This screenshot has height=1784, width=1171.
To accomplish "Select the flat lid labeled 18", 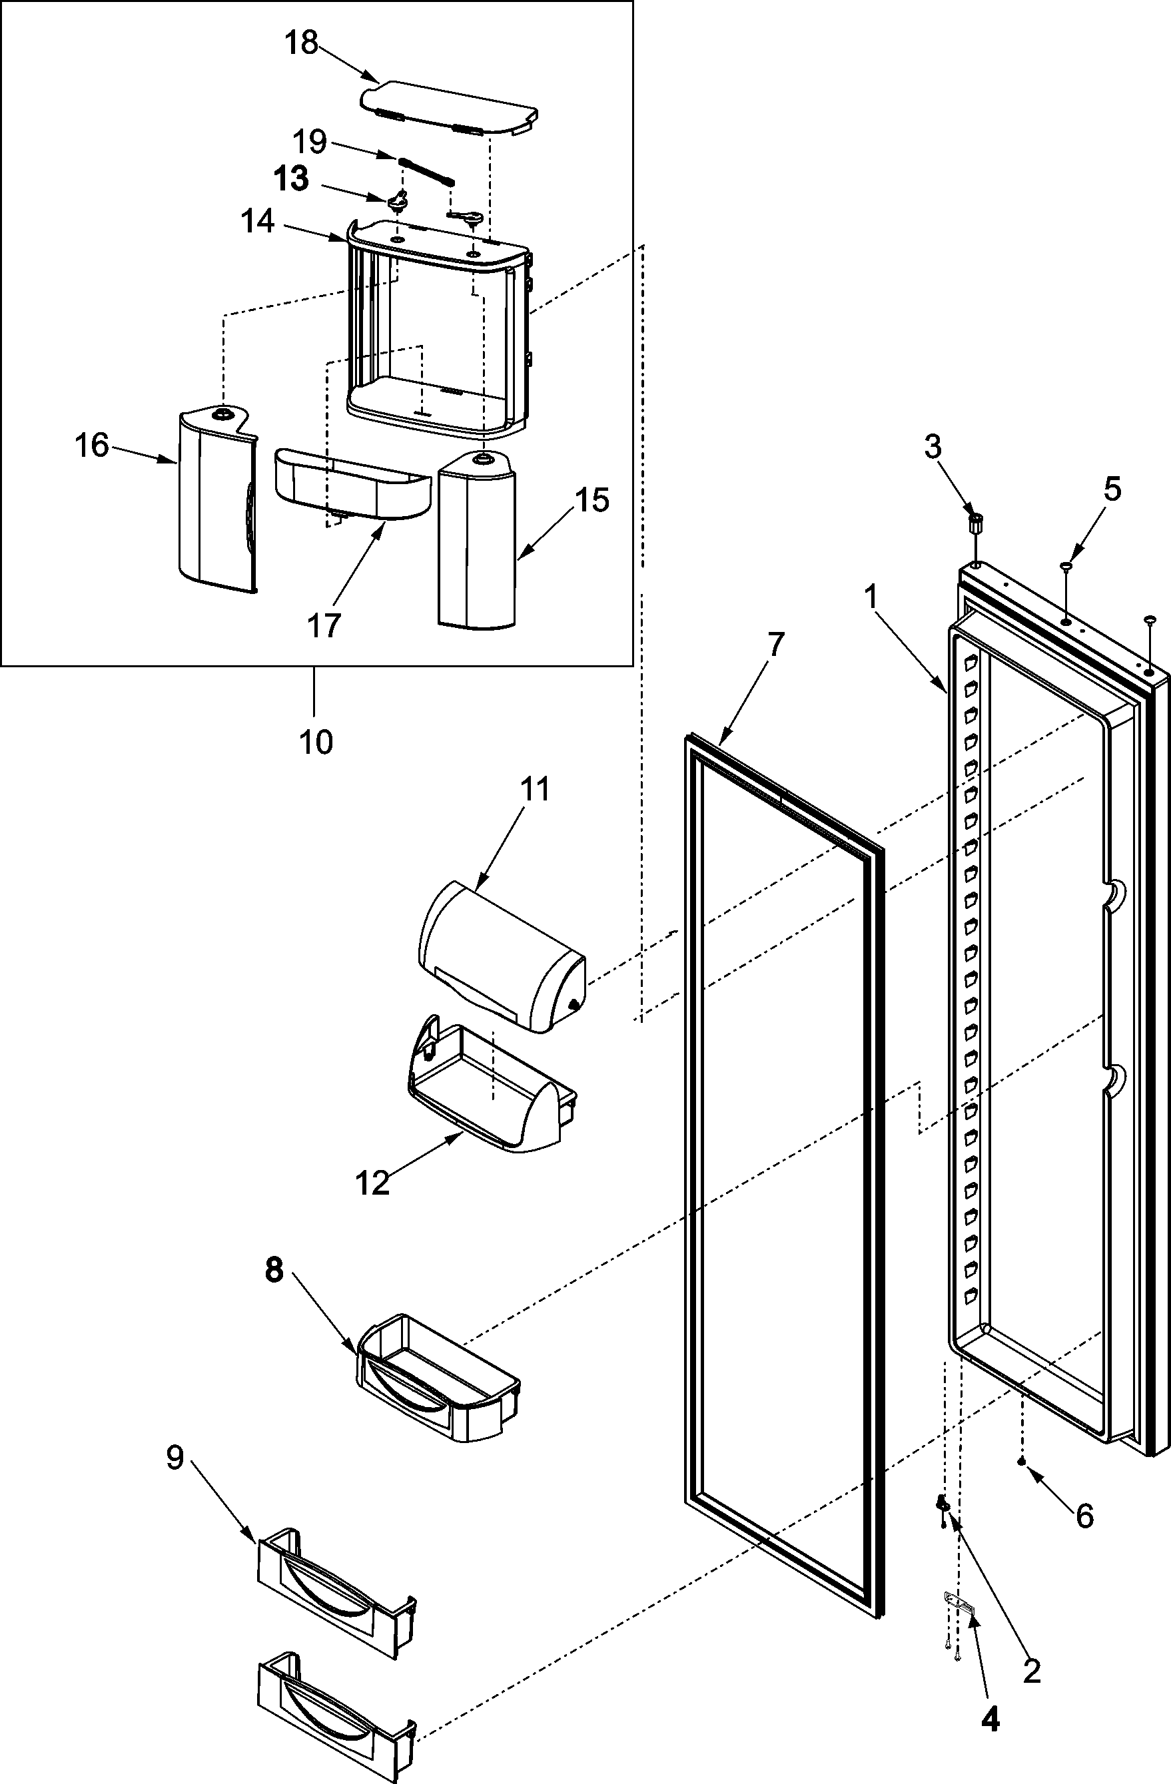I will (448, 107).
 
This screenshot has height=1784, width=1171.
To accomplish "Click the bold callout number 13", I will (291, 179).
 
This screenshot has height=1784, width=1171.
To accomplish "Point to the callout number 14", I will (257, 222).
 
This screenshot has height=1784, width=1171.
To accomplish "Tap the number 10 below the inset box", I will (316, 742).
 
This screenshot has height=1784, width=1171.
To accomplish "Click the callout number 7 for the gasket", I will (775, 644).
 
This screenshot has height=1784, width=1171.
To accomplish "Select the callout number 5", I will (1112, 489).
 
